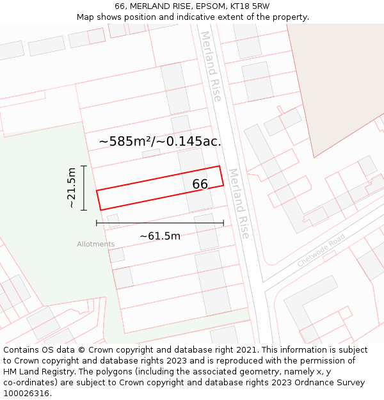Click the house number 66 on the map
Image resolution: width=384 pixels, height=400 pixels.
tap(200, 184)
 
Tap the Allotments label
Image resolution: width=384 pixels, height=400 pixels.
tap(96, 244)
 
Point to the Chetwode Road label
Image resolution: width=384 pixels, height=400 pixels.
tap(321, 250)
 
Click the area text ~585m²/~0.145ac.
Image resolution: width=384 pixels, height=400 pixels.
tap(160, 141)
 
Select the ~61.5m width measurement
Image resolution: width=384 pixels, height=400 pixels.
tap(160, 236)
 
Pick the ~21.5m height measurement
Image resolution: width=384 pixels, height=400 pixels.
tap(72, 188)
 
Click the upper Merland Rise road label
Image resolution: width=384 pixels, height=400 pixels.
tap(211, 66)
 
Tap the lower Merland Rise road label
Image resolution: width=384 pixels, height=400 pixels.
tap(238, 204)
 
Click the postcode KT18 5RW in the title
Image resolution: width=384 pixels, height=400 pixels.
tap(249, 6)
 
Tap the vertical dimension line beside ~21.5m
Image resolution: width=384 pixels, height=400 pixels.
tap(84, 188)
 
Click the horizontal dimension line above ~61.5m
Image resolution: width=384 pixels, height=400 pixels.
tap(160, 223)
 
